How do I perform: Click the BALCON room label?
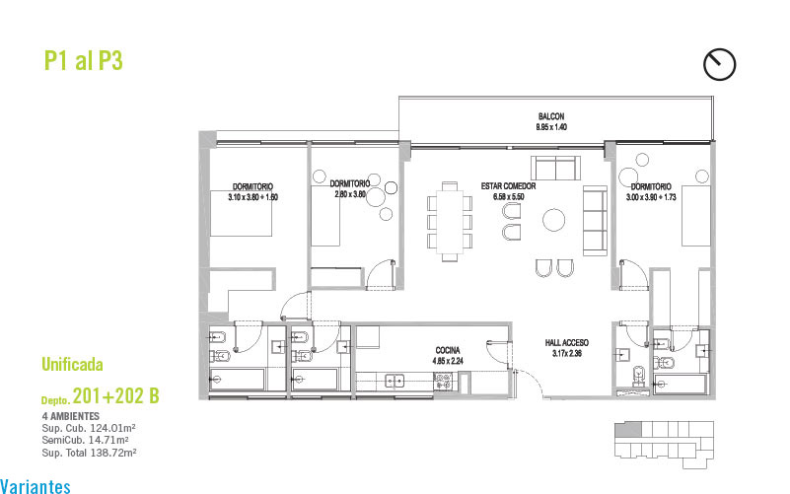click(551, 116)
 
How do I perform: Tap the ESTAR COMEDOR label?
click(508, 186)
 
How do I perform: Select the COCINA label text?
click(448, 350)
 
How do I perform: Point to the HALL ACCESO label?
click(567, 343)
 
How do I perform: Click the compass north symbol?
click(719, 64)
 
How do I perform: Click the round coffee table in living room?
click(553, 220)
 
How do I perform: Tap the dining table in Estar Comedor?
click(450, 222)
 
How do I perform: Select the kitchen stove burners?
click(443, 383)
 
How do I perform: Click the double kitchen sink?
click(395, 382)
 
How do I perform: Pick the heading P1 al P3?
click(84, 60)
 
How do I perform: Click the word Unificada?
click(72, 364)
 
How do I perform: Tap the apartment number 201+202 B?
click(115, 396)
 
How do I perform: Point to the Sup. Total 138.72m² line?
click(89, 453)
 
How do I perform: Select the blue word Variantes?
click(36, 486)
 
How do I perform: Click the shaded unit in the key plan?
click(628, 430)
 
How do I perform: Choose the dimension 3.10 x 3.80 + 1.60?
click(252, 197)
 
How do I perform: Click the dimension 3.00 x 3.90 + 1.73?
click(651, 197)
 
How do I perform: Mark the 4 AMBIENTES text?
click(71, 416)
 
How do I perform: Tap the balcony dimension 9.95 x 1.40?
click(551, 127)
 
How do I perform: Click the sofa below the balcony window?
click(555, 168)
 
